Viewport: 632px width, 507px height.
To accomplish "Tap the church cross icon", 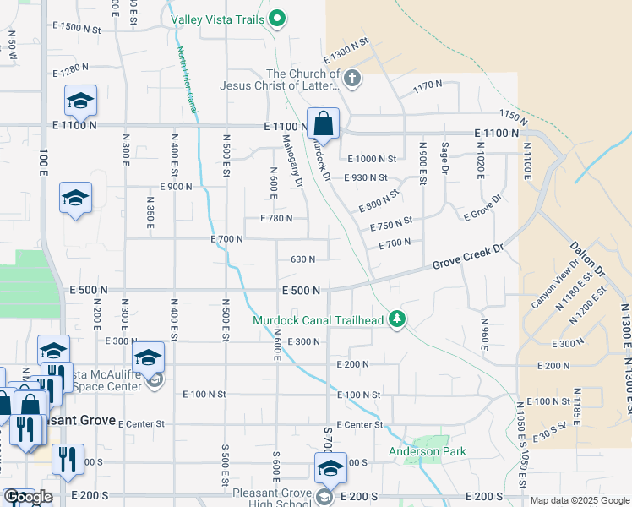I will pos(352,79).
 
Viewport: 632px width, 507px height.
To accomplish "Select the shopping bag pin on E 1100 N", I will pos(323,124).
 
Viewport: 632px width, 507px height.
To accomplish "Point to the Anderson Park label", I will pos(427,452).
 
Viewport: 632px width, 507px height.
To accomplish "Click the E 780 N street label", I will pos(270,218).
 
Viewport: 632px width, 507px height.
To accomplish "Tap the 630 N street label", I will pos(302,259).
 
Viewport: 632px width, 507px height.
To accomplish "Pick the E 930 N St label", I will pos(365,177).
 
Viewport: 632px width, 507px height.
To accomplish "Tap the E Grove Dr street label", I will pos(482,208).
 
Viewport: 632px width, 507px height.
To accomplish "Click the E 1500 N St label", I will pos(75,28).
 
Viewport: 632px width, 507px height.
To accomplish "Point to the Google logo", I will pos(28,497).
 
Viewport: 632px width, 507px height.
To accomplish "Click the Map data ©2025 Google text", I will pos(580,500).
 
